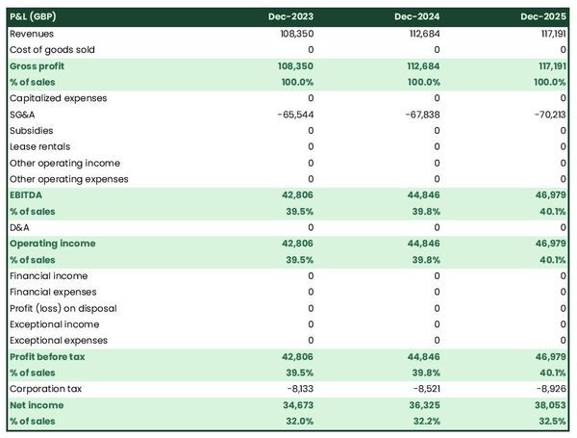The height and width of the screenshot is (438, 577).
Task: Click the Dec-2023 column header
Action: (x=291, y=17)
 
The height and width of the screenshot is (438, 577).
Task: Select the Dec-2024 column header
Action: (x=417, y=17)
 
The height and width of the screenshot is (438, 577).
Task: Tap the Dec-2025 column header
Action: (x=544, y=17)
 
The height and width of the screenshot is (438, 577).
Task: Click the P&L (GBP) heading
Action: (x=34, y=17)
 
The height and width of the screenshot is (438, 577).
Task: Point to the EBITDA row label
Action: (x=26, y=194)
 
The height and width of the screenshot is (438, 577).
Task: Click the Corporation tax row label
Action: (x=45, y=389)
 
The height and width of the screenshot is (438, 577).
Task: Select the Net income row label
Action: (x=36, y=405)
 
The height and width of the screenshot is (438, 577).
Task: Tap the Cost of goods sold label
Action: (x=52, y=49)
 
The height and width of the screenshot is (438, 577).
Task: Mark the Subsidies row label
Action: (x=32, y=130)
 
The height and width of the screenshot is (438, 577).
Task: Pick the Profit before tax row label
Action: (x=47, y=356)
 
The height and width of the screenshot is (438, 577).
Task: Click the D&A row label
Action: (x=19, y=227)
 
